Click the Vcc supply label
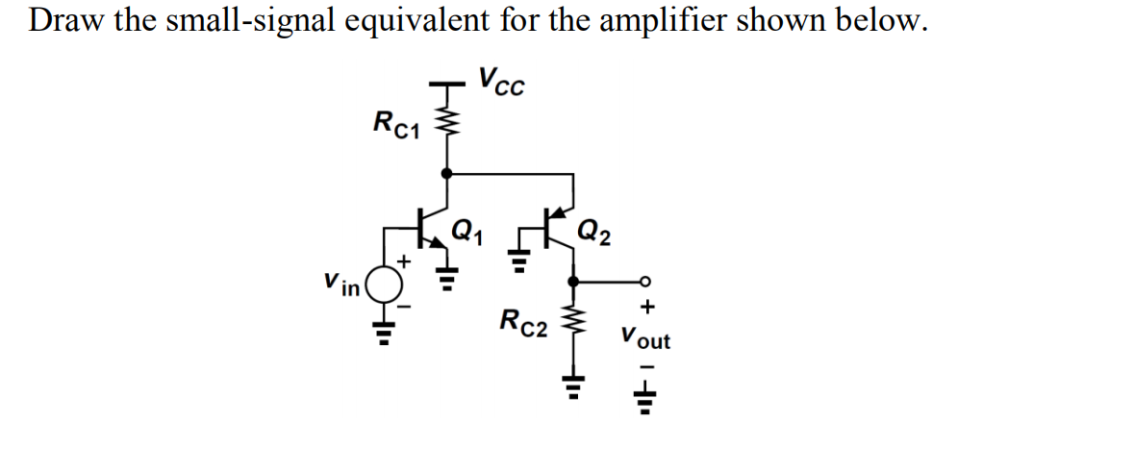[x=502, y=83]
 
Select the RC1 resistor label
[x=394, y=123]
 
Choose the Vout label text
[x=645, y=338]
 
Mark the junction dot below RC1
[x=444, y=174]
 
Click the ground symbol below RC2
[x=575, y=388]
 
